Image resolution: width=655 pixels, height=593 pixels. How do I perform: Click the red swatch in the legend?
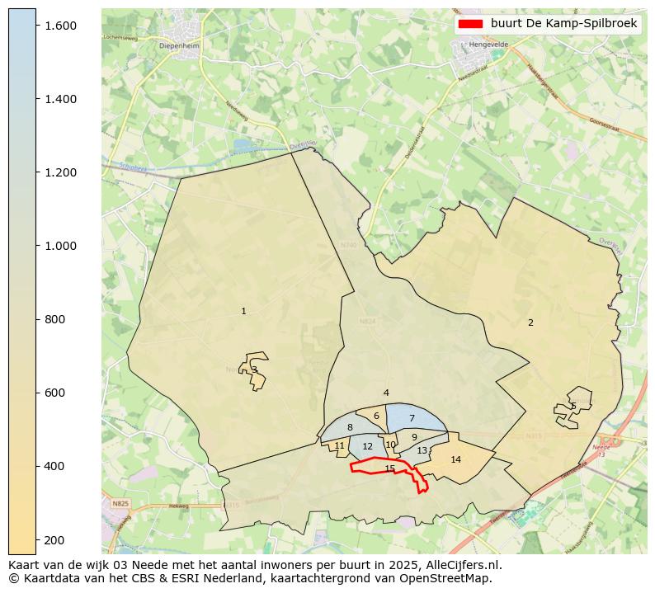[470, 24]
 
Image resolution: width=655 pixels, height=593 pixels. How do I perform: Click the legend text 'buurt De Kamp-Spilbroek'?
[563, 24]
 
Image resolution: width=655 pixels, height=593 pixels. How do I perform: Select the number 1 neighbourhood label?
[243, 311]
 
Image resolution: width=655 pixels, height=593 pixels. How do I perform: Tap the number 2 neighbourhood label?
[530, 322]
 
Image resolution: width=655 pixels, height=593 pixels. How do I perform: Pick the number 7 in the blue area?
[412, 419]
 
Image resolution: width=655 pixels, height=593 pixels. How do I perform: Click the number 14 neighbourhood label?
[455, 459]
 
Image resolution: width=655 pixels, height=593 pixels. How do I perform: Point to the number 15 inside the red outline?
[390, 468]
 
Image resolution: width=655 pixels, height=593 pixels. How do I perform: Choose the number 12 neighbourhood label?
[368, 446]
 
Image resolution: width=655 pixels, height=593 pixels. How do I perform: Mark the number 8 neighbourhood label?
[350, 427]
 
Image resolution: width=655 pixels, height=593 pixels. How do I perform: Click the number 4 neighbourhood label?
[386, 393]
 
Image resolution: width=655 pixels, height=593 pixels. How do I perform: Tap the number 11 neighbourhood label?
[339, 445]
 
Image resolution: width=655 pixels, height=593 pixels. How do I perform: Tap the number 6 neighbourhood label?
[376, 416]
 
